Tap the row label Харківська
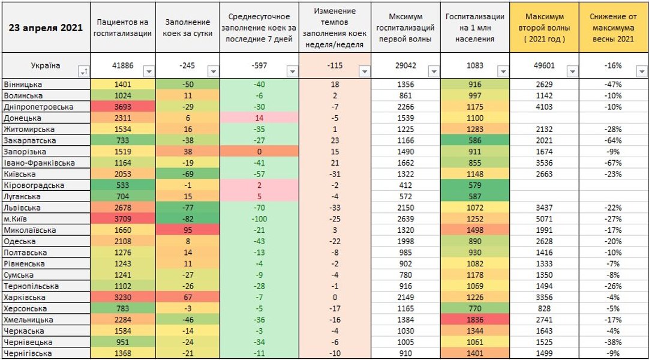(x=22, y=298)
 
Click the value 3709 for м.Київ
(x=124, y=219)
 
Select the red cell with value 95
(x=187, y=230)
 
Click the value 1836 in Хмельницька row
(x=474, y=320)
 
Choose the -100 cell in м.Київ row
(x=259, y=219)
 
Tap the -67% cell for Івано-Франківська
(x=613, y=163)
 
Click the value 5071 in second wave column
(x=544, y=219)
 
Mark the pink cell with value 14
(x=259, y=118)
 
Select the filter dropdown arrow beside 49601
(x=572, y=71)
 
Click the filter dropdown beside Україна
(x=83, y=72)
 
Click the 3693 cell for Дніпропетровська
(x=124, y=107)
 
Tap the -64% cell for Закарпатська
(x=613, y=140)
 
